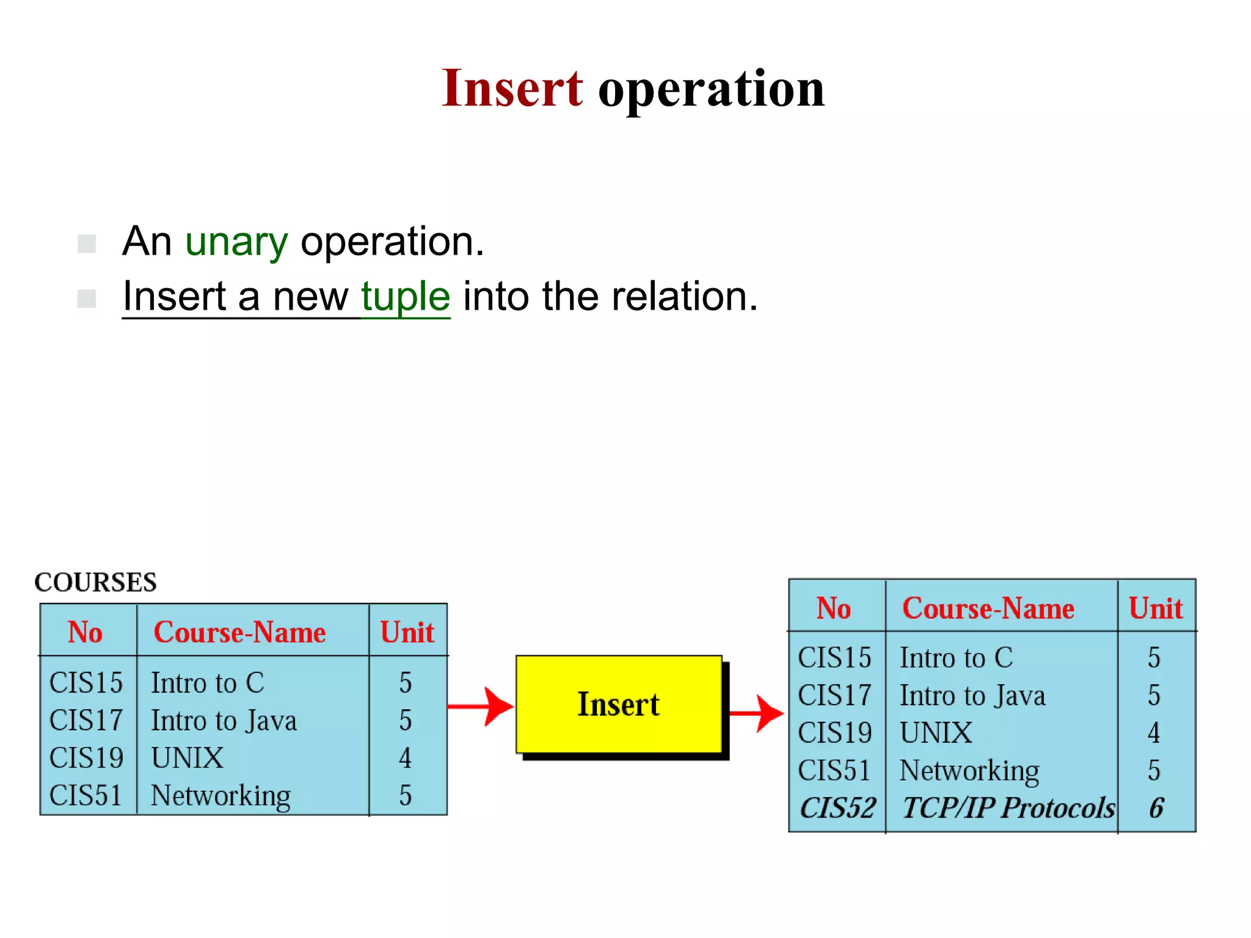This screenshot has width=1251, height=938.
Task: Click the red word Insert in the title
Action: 512,89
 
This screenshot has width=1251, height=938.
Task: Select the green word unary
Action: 236,242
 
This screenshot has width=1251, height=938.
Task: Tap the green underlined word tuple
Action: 406,297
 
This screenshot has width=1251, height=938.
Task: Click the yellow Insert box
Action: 618,704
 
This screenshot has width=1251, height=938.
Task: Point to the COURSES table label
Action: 95,582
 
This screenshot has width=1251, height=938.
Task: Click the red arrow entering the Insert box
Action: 481,707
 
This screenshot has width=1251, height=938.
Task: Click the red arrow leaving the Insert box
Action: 756,712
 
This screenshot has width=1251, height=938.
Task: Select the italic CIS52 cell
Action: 837,808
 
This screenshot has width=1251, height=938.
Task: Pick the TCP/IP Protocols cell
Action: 1008,808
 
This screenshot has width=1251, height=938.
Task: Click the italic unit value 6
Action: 1156,808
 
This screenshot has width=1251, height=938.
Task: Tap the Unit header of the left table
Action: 407,633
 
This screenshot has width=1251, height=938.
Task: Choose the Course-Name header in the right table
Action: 988,608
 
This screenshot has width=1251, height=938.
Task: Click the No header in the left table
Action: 85,633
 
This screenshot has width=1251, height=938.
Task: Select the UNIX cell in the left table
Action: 187,758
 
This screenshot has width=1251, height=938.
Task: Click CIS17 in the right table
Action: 834,696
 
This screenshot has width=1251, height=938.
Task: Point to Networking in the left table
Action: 221,796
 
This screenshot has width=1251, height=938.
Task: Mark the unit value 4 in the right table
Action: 1153,733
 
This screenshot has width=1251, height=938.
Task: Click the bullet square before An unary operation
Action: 87,244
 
